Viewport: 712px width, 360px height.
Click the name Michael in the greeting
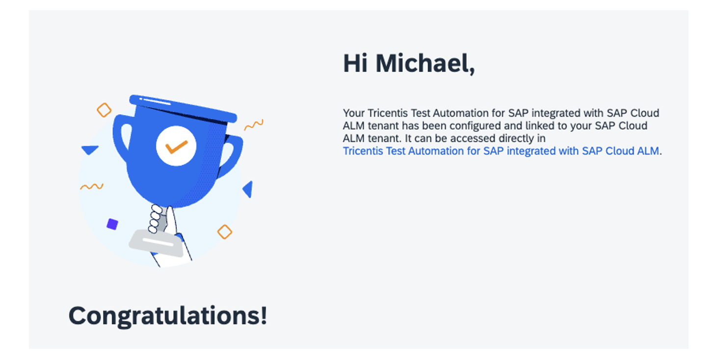(x=425, y=64)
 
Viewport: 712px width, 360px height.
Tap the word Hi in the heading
(x=355, y=63)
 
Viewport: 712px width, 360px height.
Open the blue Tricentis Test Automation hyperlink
(x=501, y=151)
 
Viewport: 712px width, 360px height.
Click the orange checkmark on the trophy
(x=176, y=147)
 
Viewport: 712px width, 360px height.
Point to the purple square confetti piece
(x=112, y=224)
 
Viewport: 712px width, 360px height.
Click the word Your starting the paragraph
(x=353, y=113)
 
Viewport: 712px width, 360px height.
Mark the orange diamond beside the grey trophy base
(x=225, y=231)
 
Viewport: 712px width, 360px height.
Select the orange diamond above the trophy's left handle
(x=104, y=110)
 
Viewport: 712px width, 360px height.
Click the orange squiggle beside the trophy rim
(x=254, y=125)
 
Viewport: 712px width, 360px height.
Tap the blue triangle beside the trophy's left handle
(x=90, y=150)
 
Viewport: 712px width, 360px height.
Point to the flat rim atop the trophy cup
(x=183, y=108)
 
